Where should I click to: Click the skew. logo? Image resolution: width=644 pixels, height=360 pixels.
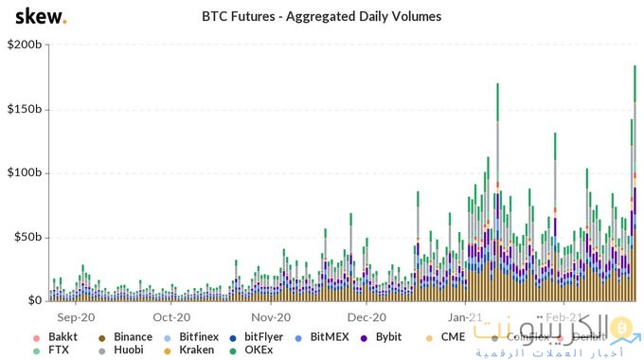(34, 17)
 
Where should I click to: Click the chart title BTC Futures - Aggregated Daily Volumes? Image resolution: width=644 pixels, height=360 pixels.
(322, 16)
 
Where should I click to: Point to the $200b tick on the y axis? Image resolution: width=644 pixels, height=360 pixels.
(24, 45)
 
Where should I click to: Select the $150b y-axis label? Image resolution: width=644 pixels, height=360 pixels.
(24, 109)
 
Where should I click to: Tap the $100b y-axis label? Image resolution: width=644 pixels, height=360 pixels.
(24, 173)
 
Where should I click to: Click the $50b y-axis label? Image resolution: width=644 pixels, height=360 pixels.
(27, 237)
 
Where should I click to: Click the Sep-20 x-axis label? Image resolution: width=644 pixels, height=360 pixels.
(76, 317)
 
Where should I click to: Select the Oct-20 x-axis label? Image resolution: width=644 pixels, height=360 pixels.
(172, 317)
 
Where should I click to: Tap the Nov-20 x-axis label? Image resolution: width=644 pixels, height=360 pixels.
(270, 317)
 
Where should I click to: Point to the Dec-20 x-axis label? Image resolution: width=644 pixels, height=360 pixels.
(367, 317)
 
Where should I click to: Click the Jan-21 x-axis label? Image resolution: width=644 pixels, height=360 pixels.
(465, 317)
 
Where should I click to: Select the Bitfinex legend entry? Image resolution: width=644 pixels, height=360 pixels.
(200, 336)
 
